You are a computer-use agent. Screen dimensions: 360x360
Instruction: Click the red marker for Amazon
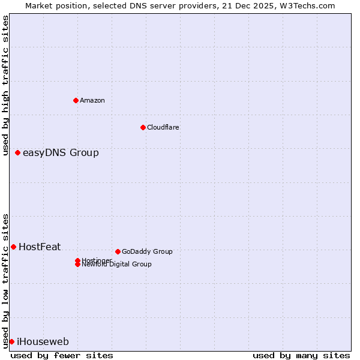(x=76, y=100)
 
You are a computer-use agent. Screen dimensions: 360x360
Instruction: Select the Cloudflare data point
(x=143, y=127)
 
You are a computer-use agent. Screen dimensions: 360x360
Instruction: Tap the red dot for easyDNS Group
(x=18, y=153)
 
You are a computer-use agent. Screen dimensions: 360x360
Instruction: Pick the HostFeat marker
(x=13, y=247)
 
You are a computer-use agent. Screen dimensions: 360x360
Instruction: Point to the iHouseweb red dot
(x=11, y=341)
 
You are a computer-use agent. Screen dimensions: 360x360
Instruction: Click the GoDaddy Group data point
(x=118, y=251)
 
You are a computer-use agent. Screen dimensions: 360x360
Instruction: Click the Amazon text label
(x=92, y=100)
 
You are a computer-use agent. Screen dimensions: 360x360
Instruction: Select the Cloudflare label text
(x=163, y=127)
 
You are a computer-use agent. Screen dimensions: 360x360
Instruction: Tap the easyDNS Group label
(x=61, y=153)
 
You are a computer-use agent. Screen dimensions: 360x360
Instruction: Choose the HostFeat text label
(x=40, y=247)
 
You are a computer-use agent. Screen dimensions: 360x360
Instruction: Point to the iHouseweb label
(x=43, y=342)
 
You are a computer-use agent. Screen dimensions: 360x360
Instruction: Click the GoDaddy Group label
(x=146, y=251)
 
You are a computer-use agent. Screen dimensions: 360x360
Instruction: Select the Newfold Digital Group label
(x=116, y=264)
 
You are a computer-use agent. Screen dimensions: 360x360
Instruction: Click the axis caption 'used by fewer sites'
(x=62, y=355)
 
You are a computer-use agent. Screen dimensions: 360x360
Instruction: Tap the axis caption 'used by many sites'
(x=301, y=355)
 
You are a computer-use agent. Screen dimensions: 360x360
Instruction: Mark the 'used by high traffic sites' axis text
(x=6, y=85)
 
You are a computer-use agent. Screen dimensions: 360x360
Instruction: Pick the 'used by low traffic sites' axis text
(x=6, y=280)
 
